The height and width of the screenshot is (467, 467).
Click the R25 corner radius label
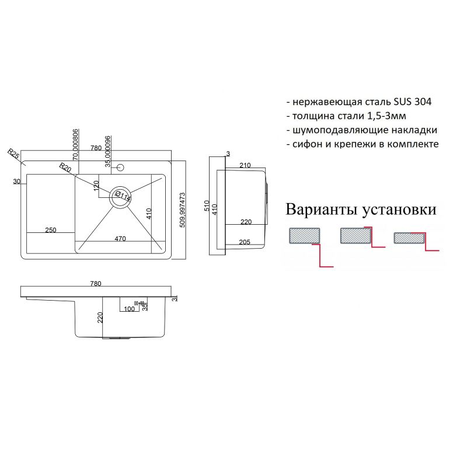click(x=14, y=154)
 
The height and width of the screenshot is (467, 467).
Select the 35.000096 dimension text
click(x=108, y=148)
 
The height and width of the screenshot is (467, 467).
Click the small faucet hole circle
click(x=121, y=168)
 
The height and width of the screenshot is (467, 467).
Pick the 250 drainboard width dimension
click(x=50, y=230)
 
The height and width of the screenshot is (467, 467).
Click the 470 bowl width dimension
click(x=120, y=238)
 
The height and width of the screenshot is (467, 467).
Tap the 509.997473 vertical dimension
click(x=183, y=209)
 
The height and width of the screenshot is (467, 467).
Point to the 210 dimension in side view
click(x=245, y=166)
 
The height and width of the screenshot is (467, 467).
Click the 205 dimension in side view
click(x=245, y=242)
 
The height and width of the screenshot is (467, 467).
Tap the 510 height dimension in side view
click(x=206, y=207)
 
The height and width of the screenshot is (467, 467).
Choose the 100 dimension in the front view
click(x=129, y=309)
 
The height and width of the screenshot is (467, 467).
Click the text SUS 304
click(x=412, y=102)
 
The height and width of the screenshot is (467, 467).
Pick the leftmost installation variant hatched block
click(x=304, y=235)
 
